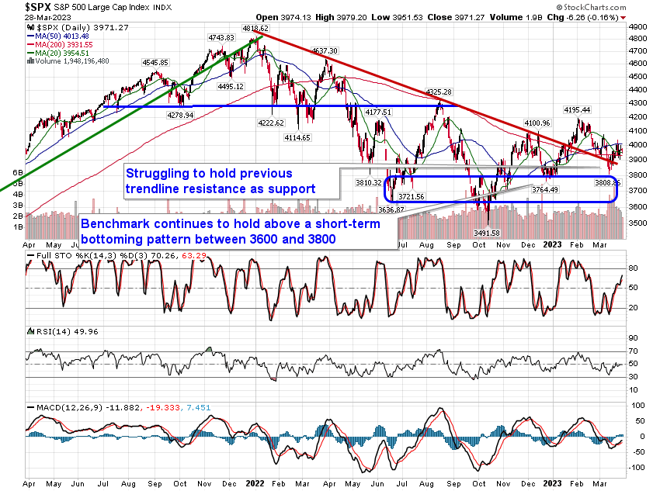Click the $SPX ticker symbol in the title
pyautogui.click(x=18, y=6)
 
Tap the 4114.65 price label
pyautogui.click(x=296, y=137)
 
